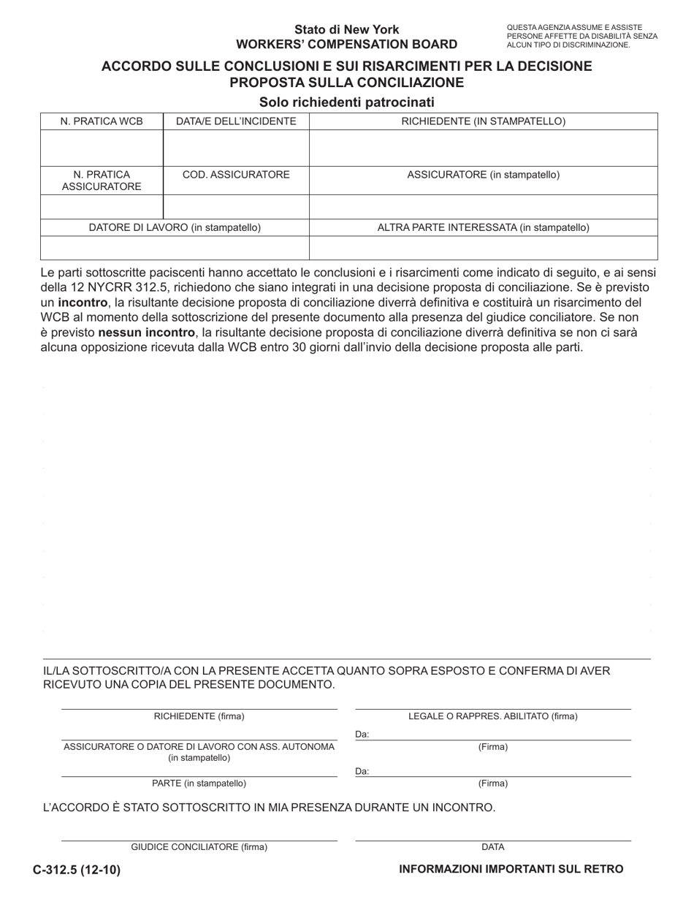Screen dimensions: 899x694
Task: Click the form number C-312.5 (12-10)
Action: (x=77, y=869)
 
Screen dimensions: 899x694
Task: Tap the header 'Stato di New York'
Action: (x=347, y=30)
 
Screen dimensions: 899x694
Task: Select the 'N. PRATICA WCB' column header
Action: (x=102, y=121)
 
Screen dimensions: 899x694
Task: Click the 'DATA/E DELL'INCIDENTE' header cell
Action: (x=236, y=121)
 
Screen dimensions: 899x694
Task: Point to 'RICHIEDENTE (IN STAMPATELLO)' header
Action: (x=484, y=121)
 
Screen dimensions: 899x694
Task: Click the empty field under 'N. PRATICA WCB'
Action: (x=102, y=148)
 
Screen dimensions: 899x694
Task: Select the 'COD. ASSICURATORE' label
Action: (x=236, y=175)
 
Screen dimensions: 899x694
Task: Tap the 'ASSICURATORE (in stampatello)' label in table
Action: (x=484, y=175)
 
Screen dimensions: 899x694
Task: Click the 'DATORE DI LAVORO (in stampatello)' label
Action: (x=175, y=227)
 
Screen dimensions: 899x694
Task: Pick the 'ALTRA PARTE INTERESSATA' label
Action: (x=484, y=227)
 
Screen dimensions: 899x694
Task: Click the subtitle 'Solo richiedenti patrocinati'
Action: (x=347, y=102)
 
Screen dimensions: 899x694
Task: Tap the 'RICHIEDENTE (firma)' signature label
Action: (x=199, y=716)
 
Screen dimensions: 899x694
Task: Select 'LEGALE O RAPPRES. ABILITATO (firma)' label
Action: (x=493, y=716)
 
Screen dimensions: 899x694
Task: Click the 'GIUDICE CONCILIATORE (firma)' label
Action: (x=199, y=847)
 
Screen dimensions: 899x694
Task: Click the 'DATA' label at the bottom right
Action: (x=493, y=847)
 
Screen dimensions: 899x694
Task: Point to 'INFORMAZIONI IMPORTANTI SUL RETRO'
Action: (x=511, y=869)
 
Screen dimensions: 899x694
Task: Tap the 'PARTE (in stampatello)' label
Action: (x=199, y=784)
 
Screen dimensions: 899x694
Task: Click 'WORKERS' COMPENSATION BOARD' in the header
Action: (x=347, y=44)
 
